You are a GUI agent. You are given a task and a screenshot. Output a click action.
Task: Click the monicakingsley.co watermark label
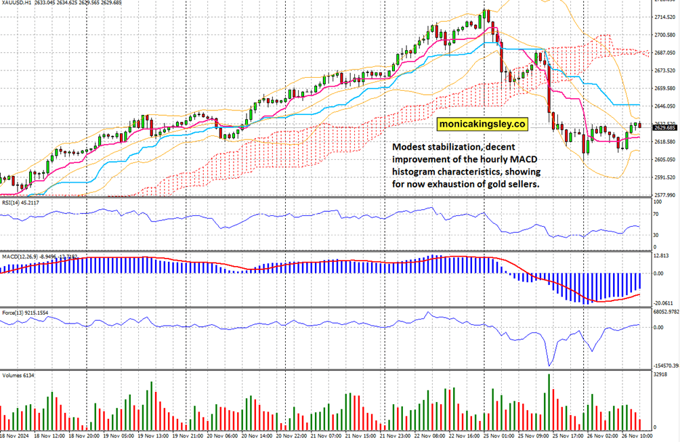pos(482,124)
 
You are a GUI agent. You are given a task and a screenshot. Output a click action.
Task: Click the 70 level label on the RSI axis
pos(656,214)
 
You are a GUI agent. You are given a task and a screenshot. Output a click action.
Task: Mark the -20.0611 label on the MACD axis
pos(664,303)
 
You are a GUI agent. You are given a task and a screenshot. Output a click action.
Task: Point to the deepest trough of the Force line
pos(549,365)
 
